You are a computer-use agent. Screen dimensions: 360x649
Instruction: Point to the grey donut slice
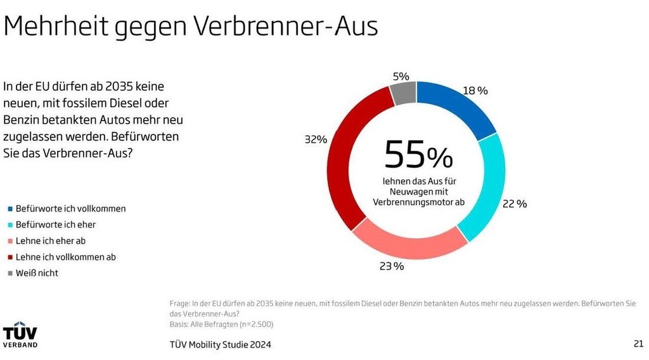point(404,93)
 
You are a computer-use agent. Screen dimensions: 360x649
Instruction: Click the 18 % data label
point(475,91)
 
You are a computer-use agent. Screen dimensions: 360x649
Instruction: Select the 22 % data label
point(514,203)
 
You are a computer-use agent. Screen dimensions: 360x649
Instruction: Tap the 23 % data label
point(391,266)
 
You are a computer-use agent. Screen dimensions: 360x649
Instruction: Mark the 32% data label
point(316,139)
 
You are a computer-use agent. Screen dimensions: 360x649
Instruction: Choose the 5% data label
point(401,76)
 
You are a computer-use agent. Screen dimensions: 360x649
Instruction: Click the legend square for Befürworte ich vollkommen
point(10,209)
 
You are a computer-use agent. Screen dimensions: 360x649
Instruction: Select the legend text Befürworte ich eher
point(56,224)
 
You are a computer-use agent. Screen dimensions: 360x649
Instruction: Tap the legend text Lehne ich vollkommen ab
point(66,257)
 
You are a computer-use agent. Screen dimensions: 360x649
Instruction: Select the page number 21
point(638,344)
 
